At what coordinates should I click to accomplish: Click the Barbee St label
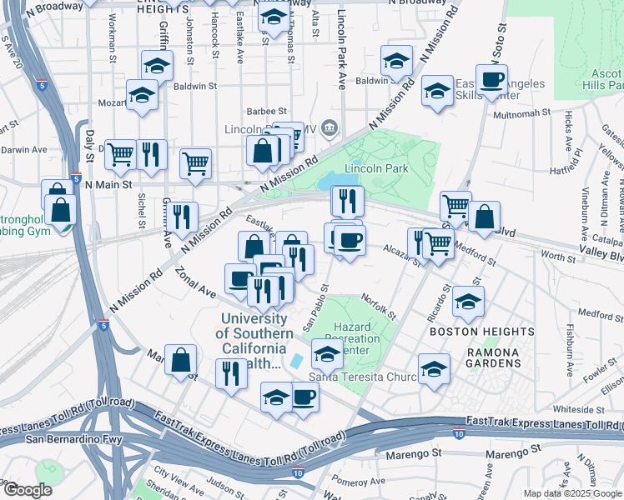(266, 111)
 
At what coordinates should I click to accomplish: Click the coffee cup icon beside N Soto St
(491, 82)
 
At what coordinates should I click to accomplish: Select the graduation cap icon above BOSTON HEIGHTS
(468, 302)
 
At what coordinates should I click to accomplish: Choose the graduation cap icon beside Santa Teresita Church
(434, 370)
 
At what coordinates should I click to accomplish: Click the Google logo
(28, 490)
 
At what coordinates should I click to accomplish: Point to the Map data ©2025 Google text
(571, 493)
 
